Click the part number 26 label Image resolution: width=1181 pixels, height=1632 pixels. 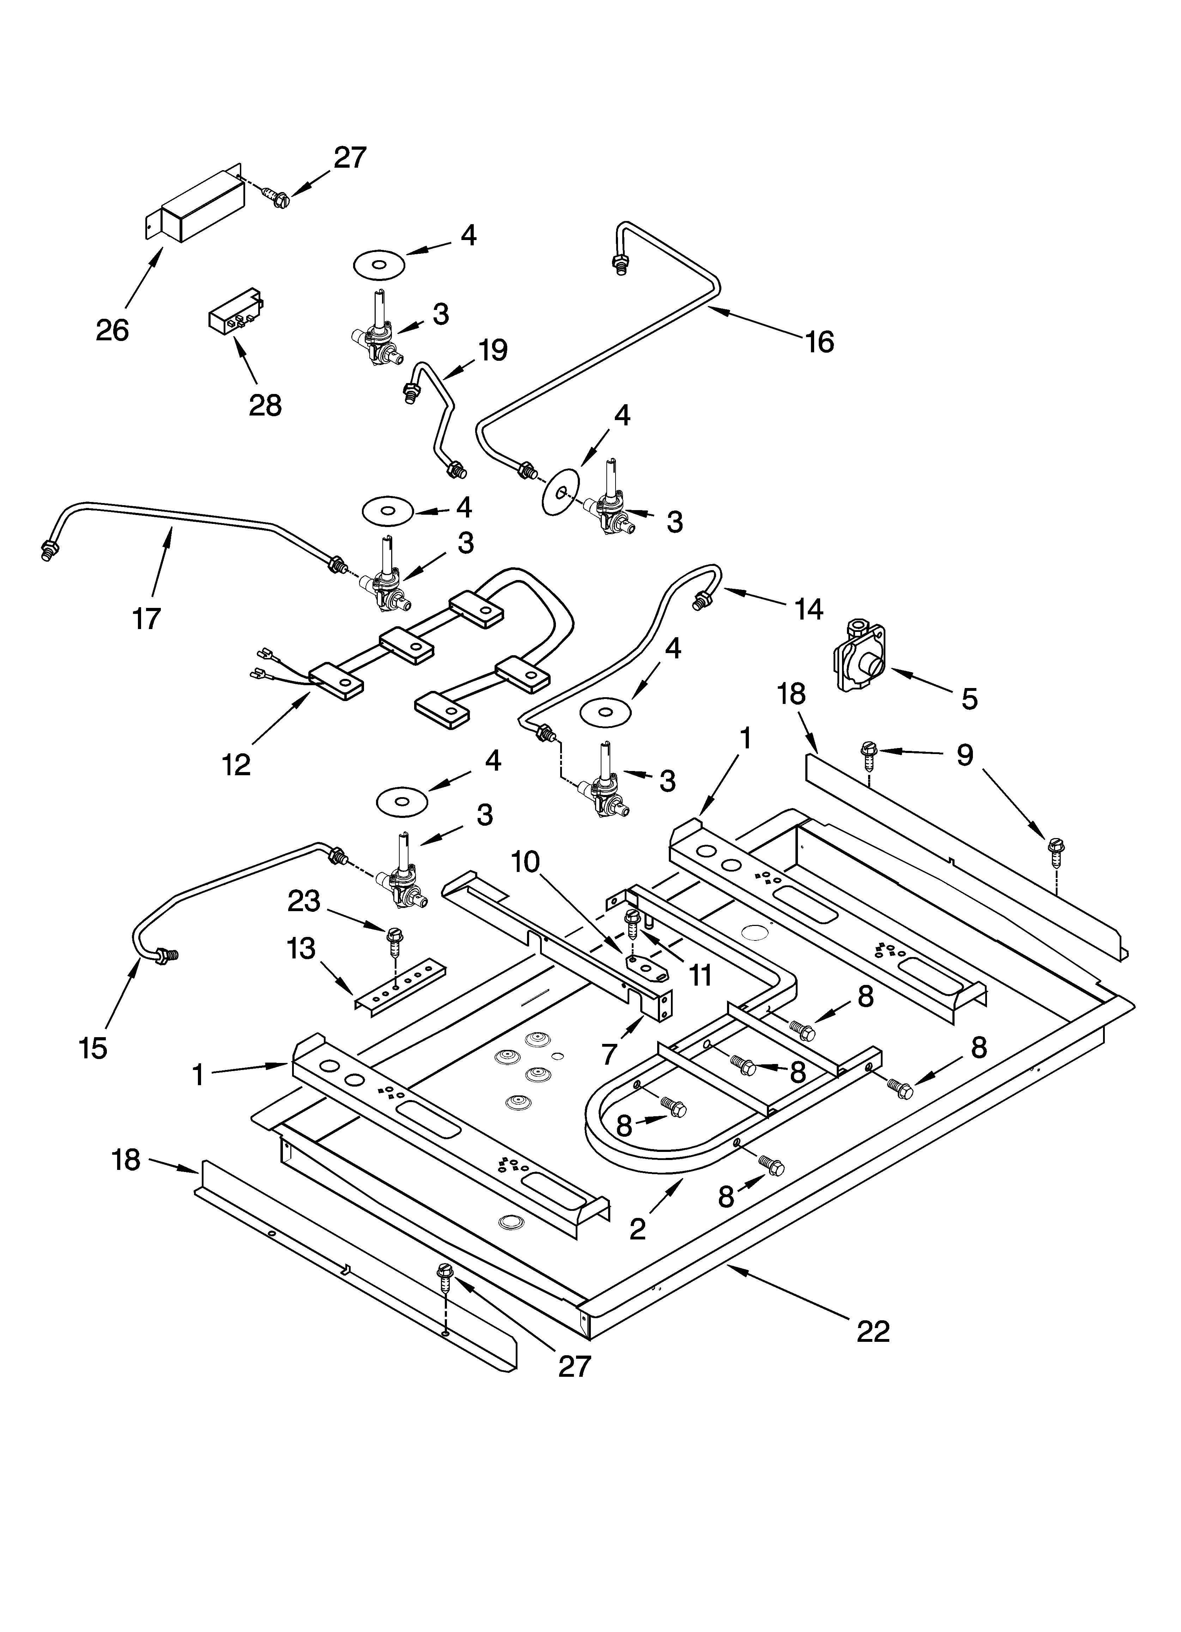pyautogui.click(x=112, y=330)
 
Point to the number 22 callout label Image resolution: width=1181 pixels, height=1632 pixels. pyautogui.click(x=873, y=1331)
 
